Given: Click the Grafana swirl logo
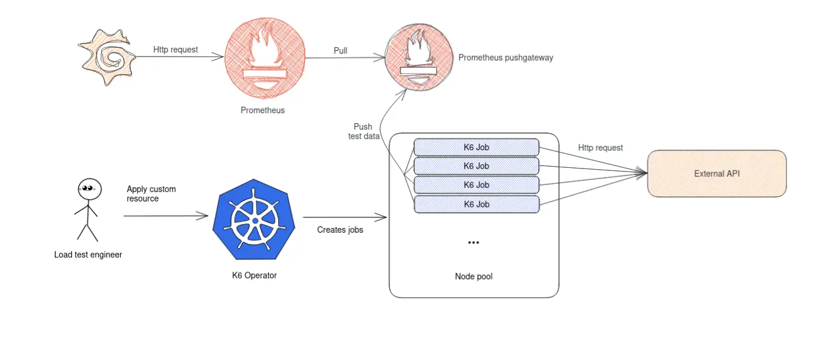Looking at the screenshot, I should coord(108,57).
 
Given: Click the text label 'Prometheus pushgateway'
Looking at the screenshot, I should coord(505,58).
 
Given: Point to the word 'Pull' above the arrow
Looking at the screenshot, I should coord(341,51).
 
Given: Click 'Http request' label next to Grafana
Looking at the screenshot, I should coord(176,50).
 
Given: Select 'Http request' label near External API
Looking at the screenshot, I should coord(600,148).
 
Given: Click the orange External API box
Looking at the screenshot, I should coord(716,174).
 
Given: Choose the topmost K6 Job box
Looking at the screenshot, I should coord(476,147).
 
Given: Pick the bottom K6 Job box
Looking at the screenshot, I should coord(476,204).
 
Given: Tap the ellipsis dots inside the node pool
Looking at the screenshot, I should coord(473,243).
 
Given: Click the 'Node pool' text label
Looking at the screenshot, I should coord(473,276).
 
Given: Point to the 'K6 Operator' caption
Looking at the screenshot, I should coord(254,275).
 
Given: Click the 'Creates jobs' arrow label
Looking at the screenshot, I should coord(340,230).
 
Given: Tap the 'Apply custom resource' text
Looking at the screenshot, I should coord(151,194).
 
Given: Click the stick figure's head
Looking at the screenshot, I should coord(88,189).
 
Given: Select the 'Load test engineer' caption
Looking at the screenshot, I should coord(88,255).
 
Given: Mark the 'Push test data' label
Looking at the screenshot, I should coord(363,131).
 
